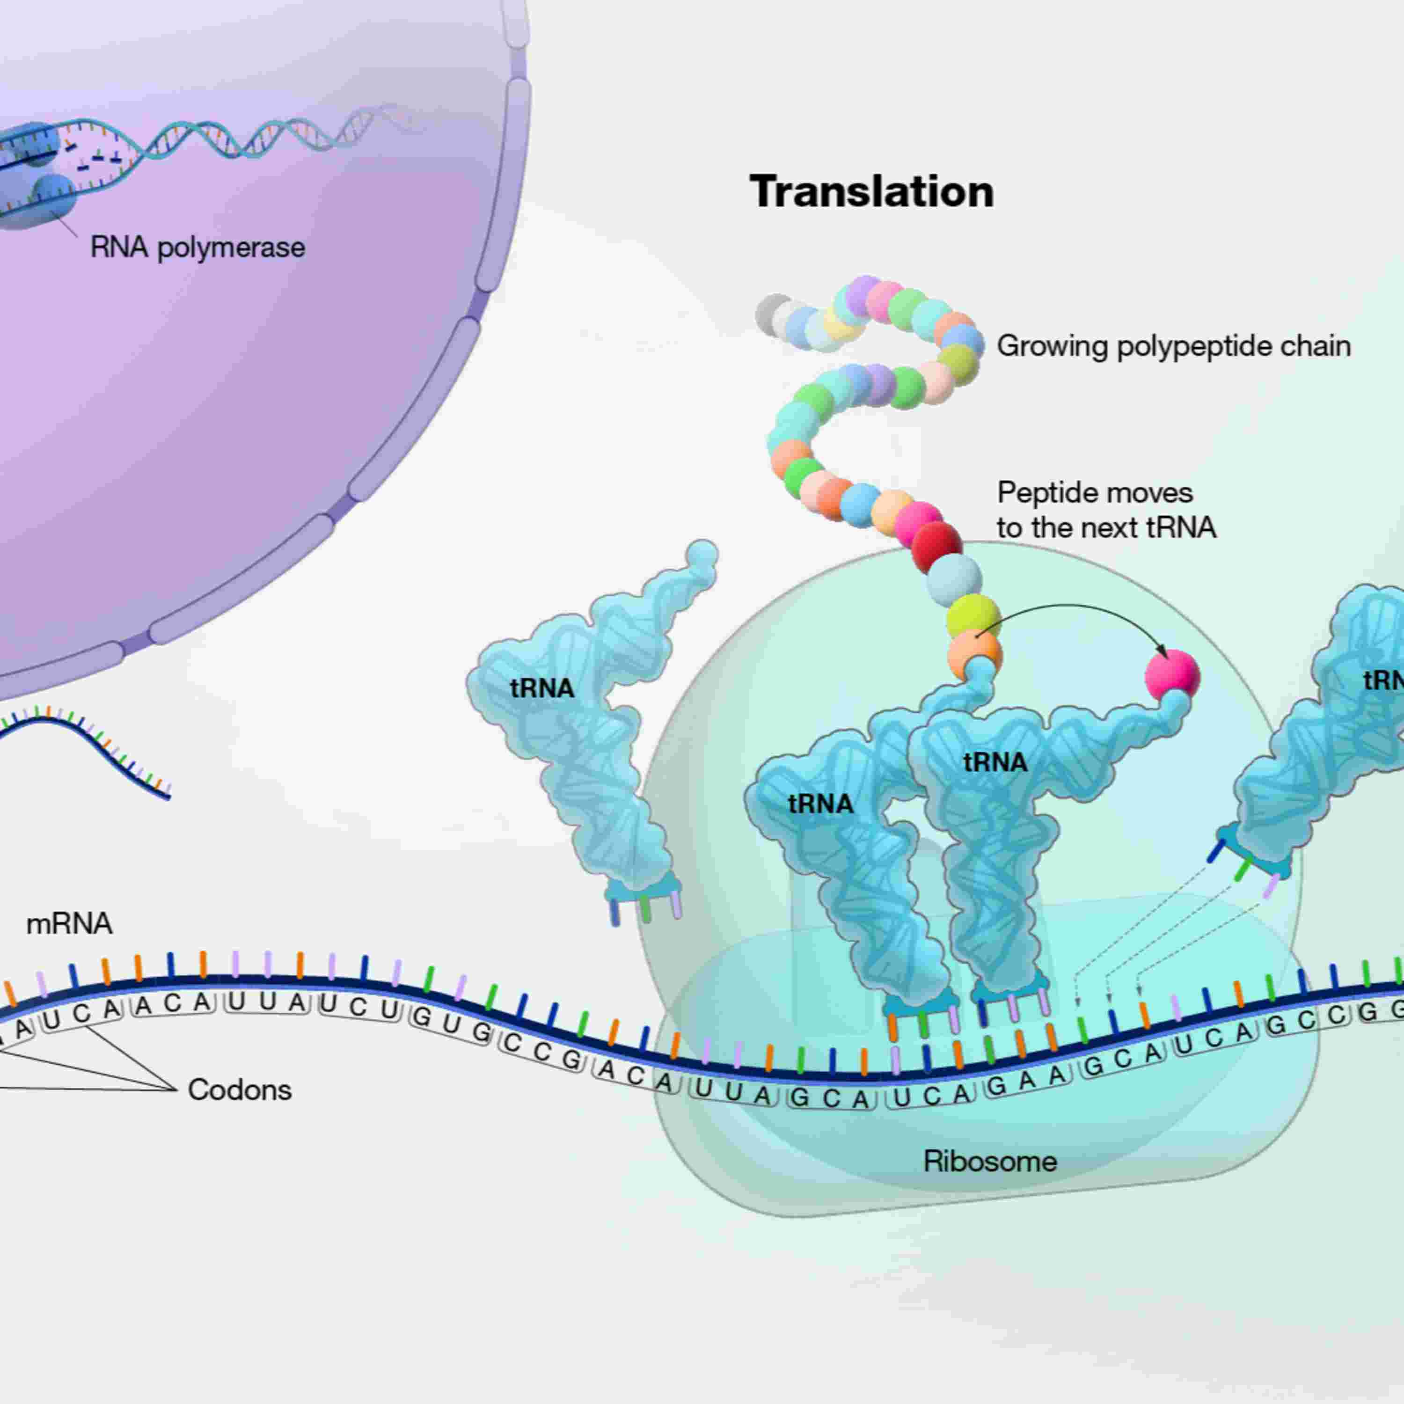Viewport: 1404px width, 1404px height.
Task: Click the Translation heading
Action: pos(871,192)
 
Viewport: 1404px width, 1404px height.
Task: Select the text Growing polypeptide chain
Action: pos(1173,346)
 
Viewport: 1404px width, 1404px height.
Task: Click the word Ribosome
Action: pos(990,1161)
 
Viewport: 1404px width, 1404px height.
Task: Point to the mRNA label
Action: pos(69,924)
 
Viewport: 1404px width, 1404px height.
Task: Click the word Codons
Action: pos(239,1090)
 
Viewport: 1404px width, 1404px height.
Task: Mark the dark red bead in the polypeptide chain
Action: pos(937,546)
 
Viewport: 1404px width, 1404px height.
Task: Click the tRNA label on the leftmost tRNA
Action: pos(542,687)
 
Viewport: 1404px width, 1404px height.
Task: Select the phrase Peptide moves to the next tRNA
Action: pos(1104,510)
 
